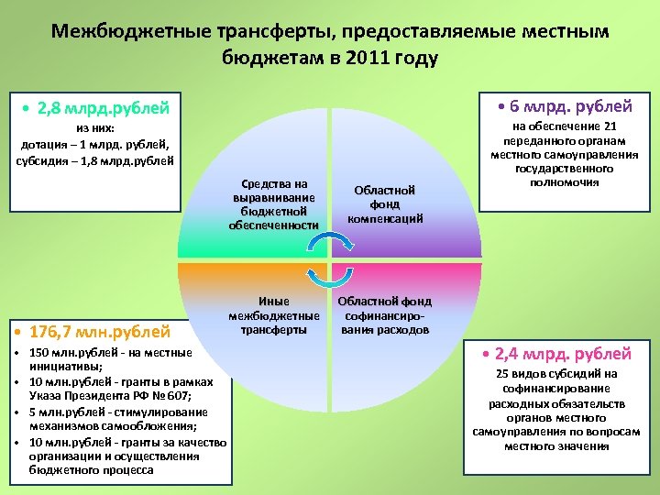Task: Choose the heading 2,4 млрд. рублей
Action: (x=563, y=354)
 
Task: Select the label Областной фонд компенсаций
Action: (x=384, y=204)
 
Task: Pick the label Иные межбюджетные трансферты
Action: (x=274, y=315)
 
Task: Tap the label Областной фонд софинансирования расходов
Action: (x=384, y=315)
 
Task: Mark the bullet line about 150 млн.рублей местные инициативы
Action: (x=109, y=358)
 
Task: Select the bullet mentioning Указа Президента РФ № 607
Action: (x=119, y=388)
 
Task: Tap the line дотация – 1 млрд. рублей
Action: (x=95, y=145)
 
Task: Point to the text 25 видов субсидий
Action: (x=556, y=373)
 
